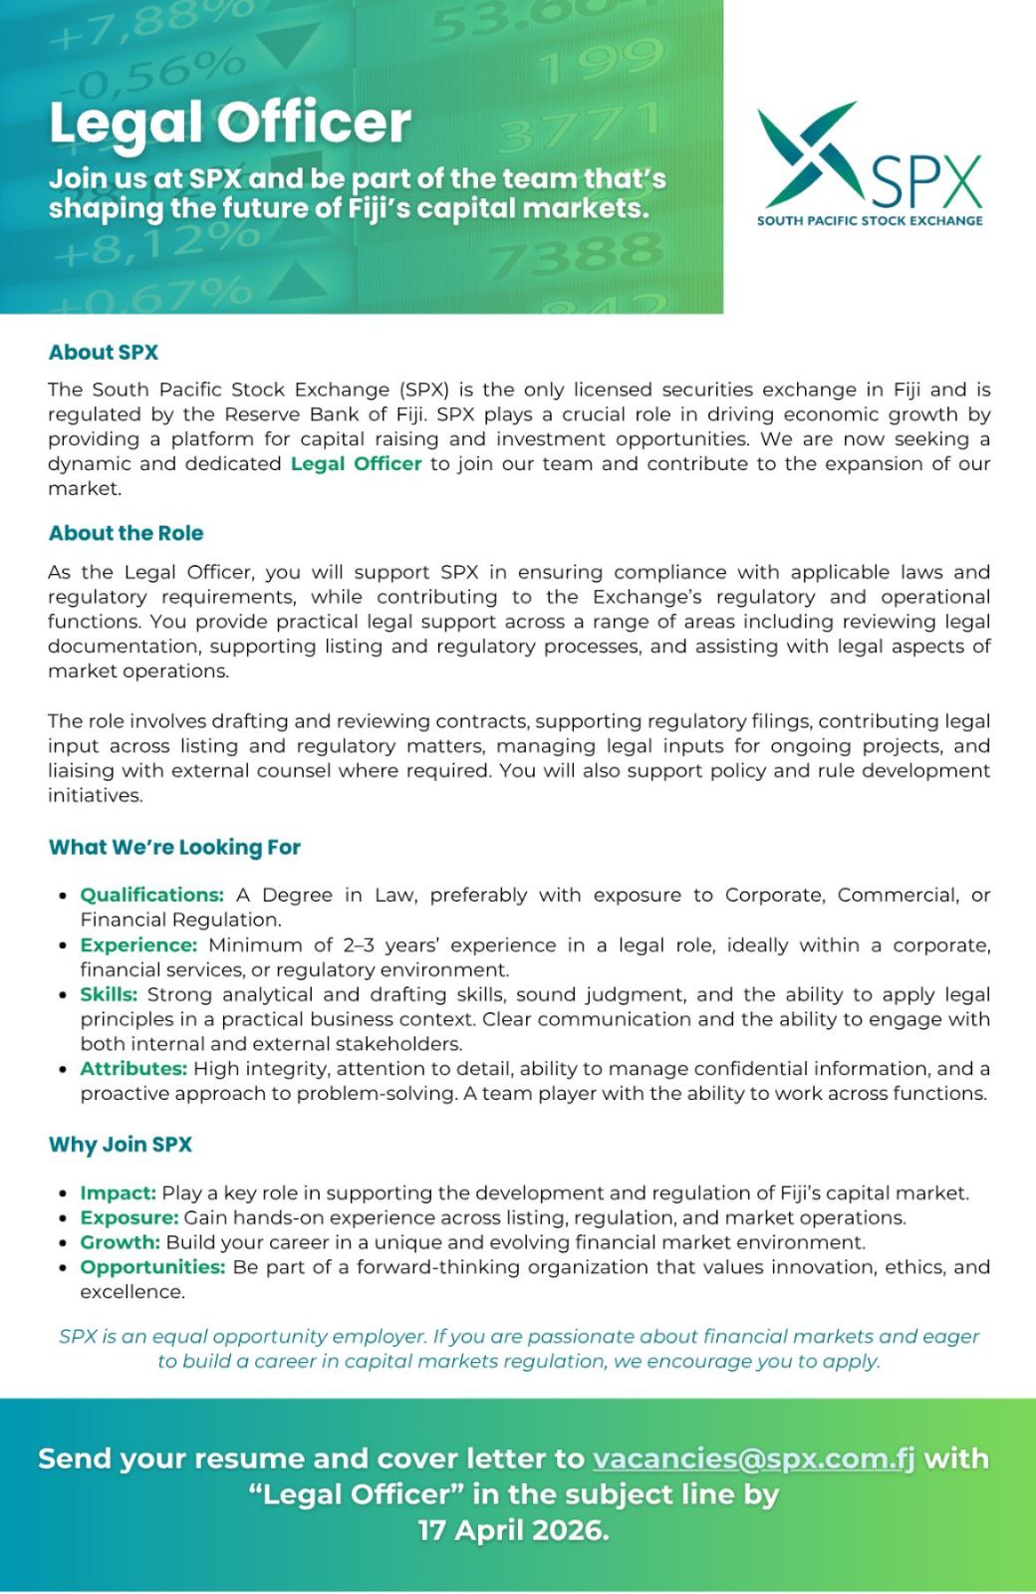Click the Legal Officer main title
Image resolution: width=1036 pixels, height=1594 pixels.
[x=230, y=123]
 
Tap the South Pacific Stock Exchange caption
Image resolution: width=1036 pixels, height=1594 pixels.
[x=869, y=220]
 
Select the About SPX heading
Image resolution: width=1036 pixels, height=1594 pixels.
[x=104, y=352]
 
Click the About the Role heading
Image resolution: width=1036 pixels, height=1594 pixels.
[x=126, y=533]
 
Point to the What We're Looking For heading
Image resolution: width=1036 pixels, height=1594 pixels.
[x=174, y=848]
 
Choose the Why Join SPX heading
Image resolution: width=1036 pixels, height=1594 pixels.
[x=121, y=1145]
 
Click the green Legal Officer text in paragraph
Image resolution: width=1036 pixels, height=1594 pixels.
[x=356, y=464]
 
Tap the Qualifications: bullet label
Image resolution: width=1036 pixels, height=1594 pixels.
[x=151, y=895]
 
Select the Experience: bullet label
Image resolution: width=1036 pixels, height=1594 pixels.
[x=138, y=944]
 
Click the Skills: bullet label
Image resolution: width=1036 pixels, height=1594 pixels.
[x=109, y=994]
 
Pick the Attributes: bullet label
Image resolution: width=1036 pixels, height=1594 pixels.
[x=133, y=1069]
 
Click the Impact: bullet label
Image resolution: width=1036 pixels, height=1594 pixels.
[x=118, y=1193]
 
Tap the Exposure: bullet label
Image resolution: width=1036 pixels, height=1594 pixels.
[x=129, y=1217]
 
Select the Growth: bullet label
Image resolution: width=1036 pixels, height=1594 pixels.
[x=120, y=1242]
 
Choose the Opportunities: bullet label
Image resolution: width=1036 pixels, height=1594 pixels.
[x=152, y=1267]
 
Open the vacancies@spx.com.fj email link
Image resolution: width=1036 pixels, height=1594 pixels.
[x=753, y=1459]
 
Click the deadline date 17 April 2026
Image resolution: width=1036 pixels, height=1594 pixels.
[x=513, y=1530]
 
